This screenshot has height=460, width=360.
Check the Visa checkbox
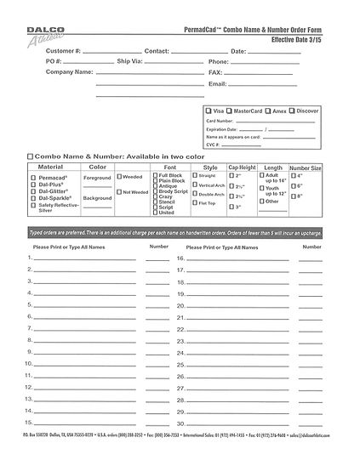click(x=209, y=111)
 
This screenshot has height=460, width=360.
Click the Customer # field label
click(x=61, y=51)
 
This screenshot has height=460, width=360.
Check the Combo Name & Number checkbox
click(x=31, y=157)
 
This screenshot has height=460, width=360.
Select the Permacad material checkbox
click(x=34, y=175)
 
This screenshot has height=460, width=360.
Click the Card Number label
click(x=219, y=122)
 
